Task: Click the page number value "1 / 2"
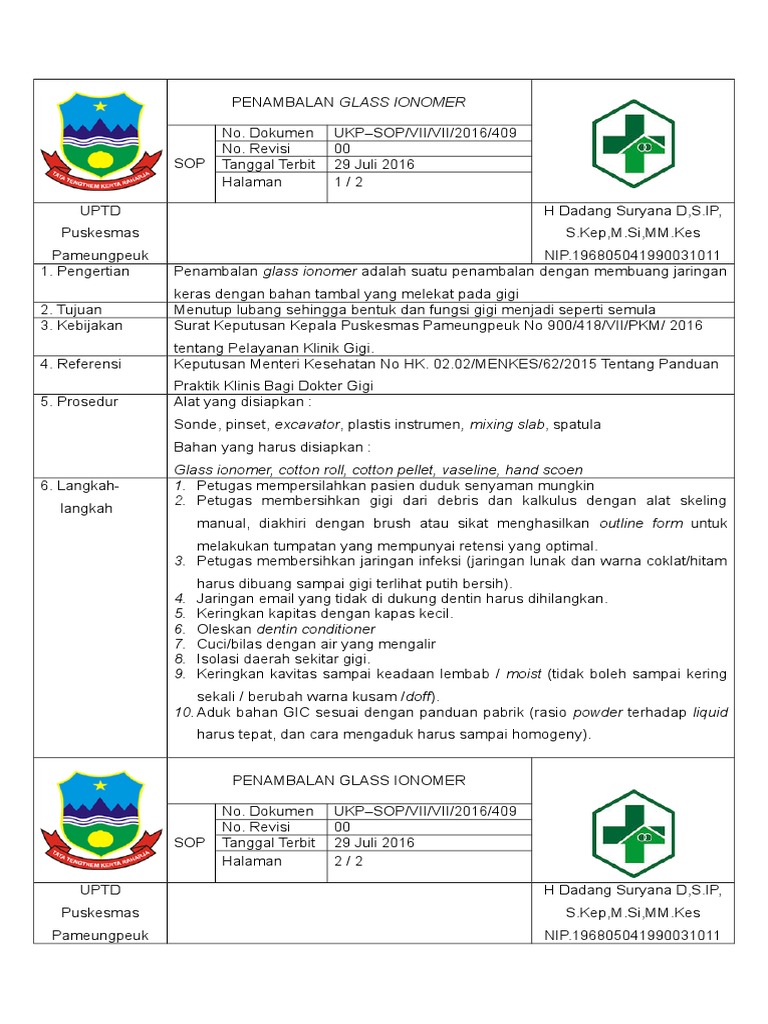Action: (x=350, y=182)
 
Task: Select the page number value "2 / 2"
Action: (x=350, y=861)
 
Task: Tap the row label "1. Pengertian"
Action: (x=85, y=271)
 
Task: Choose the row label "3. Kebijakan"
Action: (x=79, y=326)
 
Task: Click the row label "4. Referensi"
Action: (x=80, y=364)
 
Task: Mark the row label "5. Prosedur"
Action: (x=79, y=402)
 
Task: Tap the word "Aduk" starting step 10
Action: (x=213, y=713)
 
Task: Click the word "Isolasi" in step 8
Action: (x=218, y=659)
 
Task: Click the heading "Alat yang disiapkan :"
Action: (x=243, y=402)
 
